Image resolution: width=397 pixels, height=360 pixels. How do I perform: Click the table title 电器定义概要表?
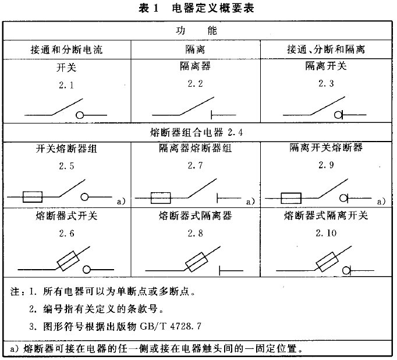tap(213, 8)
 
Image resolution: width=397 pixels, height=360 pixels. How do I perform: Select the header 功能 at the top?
tap(197, 31)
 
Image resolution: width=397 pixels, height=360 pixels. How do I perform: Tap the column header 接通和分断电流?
tap(66, 50)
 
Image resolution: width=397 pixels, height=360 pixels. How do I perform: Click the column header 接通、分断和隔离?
tap(326, 49)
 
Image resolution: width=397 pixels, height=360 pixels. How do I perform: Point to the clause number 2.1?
tap(66, 85)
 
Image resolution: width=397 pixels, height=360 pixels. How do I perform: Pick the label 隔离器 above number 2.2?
tap(195, 66)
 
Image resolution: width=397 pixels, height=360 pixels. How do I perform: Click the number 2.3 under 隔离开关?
tap(326, 83)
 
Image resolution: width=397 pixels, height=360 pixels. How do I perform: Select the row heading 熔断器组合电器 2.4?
tap(197, 132)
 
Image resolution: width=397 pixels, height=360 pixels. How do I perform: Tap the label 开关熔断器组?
tap(66, 149)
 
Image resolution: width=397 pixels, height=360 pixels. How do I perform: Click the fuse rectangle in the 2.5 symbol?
tap(33, 197)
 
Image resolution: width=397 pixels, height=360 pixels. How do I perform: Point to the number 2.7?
tap(195, 165)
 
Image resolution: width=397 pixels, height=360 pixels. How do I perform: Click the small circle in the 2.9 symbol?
tap(343, 199)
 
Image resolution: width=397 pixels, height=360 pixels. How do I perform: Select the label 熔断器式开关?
tap(66, 216)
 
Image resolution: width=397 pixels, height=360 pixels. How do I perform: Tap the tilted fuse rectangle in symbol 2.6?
tap(68, 261)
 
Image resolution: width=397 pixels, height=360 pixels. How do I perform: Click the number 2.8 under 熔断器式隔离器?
tap(195, 233)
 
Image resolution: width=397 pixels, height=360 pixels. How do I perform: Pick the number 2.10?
tap(326, 233)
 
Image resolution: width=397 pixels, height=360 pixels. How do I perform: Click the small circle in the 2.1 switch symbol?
tap(80, 115)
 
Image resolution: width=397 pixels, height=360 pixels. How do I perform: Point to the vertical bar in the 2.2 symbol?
tap(212, 115)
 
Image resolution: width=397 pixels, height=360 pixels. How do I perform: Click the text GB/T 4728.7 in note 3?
tap(171, 326)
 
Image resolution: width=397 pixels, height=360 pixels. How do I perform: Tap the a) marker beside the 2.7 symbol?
tap(250, 202)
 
